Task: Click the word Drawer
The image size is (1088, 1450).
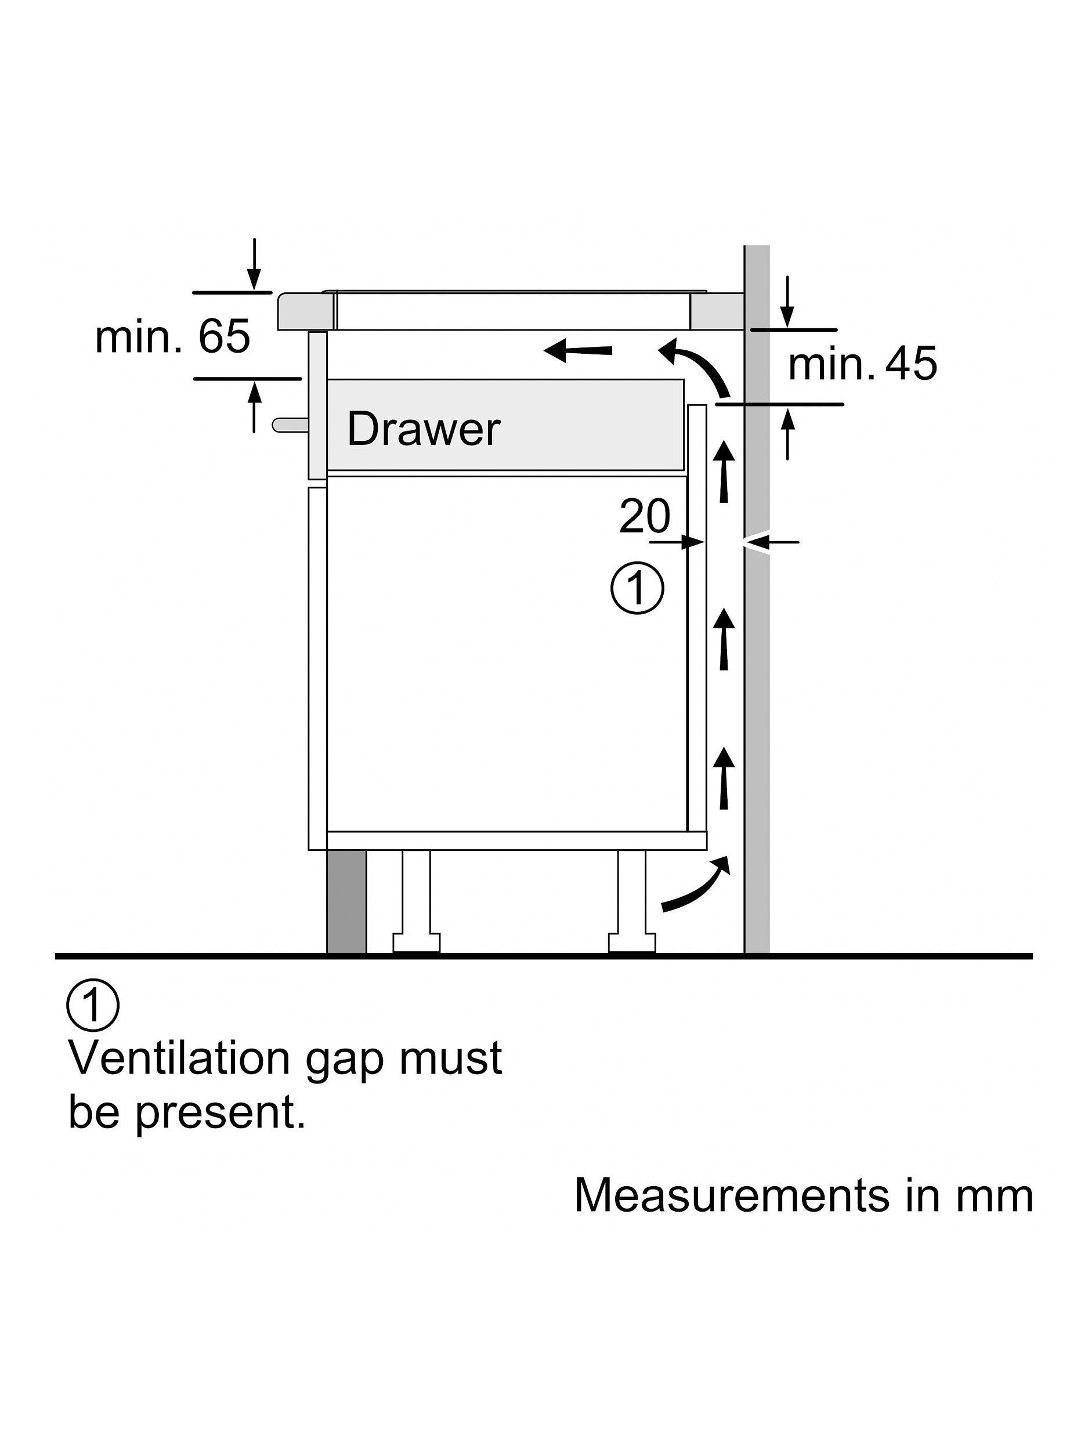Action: [423, 429]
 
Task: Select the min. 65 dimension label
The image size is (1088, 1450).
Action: [172, 337]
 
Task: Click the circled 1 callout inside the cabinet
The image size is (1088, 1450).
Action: [637, 588]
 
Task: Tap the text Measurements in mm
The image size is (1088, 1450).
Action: [803, 1195]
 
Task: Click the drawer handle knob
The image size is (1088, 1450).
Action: [289, 424]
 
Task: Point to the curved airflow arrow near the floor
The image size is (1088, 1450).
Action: [697, 884]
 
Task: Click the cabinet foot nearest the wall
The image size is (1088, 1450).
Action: [631, 902]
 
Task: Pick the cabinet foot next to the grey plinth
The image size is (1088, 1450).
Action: [417, 902]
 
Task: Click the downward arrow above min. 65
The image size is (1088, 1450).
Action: [255, 263]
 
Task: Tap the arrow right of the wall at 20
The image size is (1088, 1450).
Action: [772, 542]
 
